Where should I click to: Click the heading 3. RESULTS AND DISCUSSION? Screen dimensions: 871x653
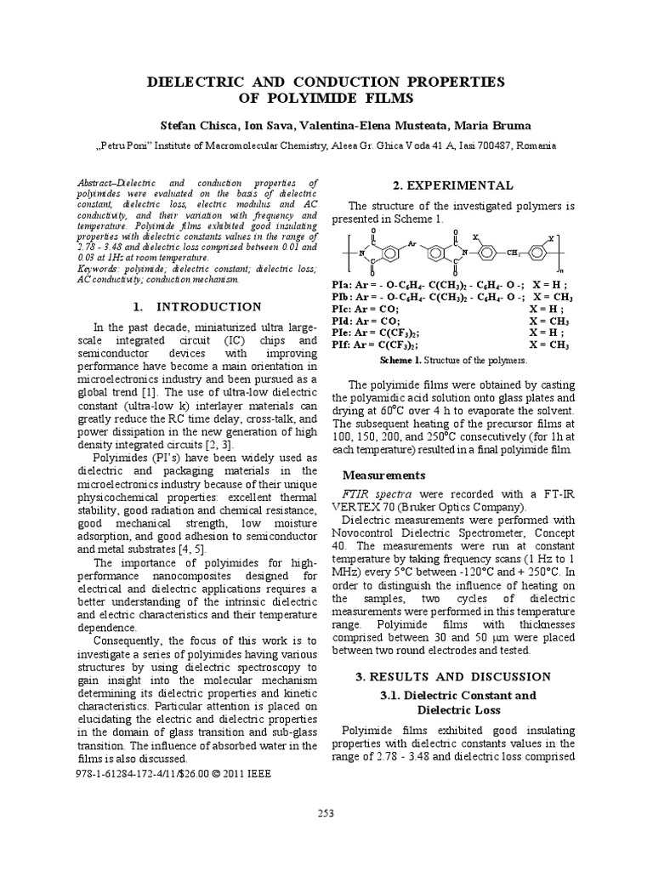point(452,676)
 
